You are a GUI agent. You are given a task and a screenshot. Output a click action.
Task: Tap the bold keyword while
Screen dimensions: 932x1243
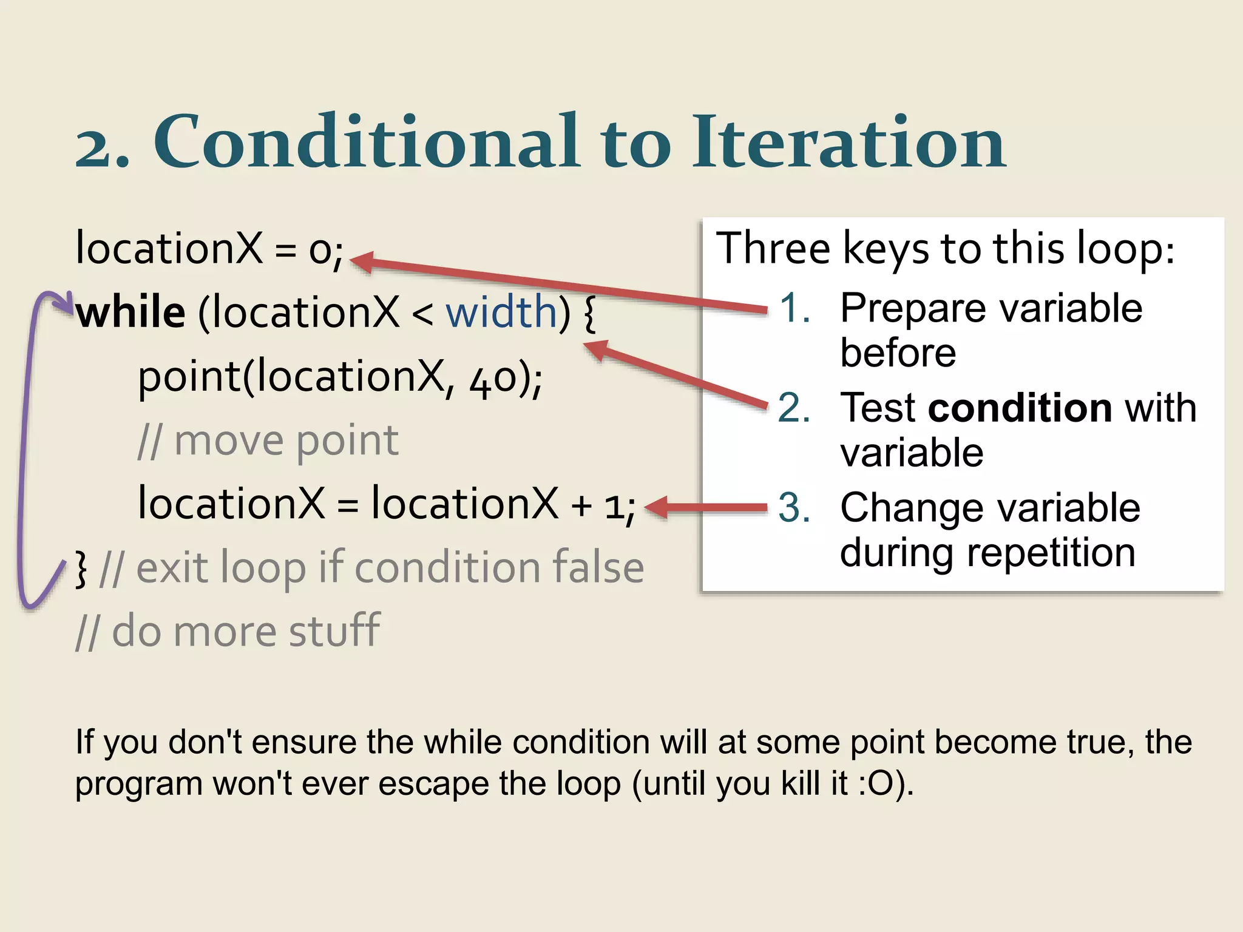130,312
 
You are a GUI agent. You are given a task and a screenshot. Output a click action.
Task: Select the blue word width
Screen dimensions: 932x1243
501,312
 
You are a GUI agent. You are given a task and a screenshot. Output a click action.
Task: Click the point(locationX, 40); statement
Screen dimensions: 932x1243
340,377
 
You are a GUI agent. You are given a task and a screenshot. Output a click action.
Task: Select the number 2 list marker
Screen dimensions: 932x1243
794,407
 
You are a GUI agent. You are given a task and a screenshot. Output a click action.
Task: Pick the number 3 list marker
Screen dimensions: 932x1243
794,507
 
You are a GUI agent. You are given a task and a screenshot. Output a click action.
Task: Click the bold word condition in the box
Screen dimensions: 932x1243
1020,407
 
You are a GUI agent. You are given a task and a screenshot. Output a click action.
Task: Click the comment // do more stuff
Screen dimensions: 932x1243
228,631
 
